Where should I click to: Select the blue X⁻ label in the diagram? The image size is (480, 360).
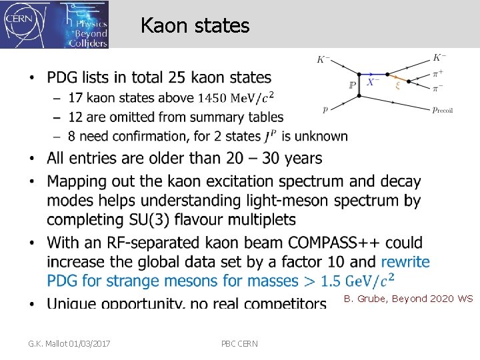pos(373,83)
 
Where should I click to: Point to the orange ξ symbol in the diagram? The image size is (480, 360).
pos(398,85)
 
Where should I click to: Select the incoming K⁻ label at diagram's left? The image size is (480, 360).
pos(323,60)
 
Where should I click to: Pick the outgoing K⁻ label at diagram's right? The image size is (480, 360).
pos(440,58)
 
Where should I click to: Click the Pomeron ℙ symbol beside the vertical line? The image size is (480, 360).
pos(352,85)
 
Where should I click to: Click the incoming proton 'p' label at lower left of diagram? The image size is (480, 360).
pos(325,109)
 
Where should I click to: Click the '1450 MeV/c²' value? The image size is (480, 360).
pos(236,99)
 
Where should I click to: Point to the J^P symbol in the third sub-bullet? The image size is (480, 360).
pos(270,137)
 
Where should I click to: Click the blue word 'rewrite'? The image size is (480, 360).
pos(405,261)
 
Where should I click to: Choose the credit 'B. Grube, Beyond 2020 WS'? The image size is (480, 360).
pos(408,299)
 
